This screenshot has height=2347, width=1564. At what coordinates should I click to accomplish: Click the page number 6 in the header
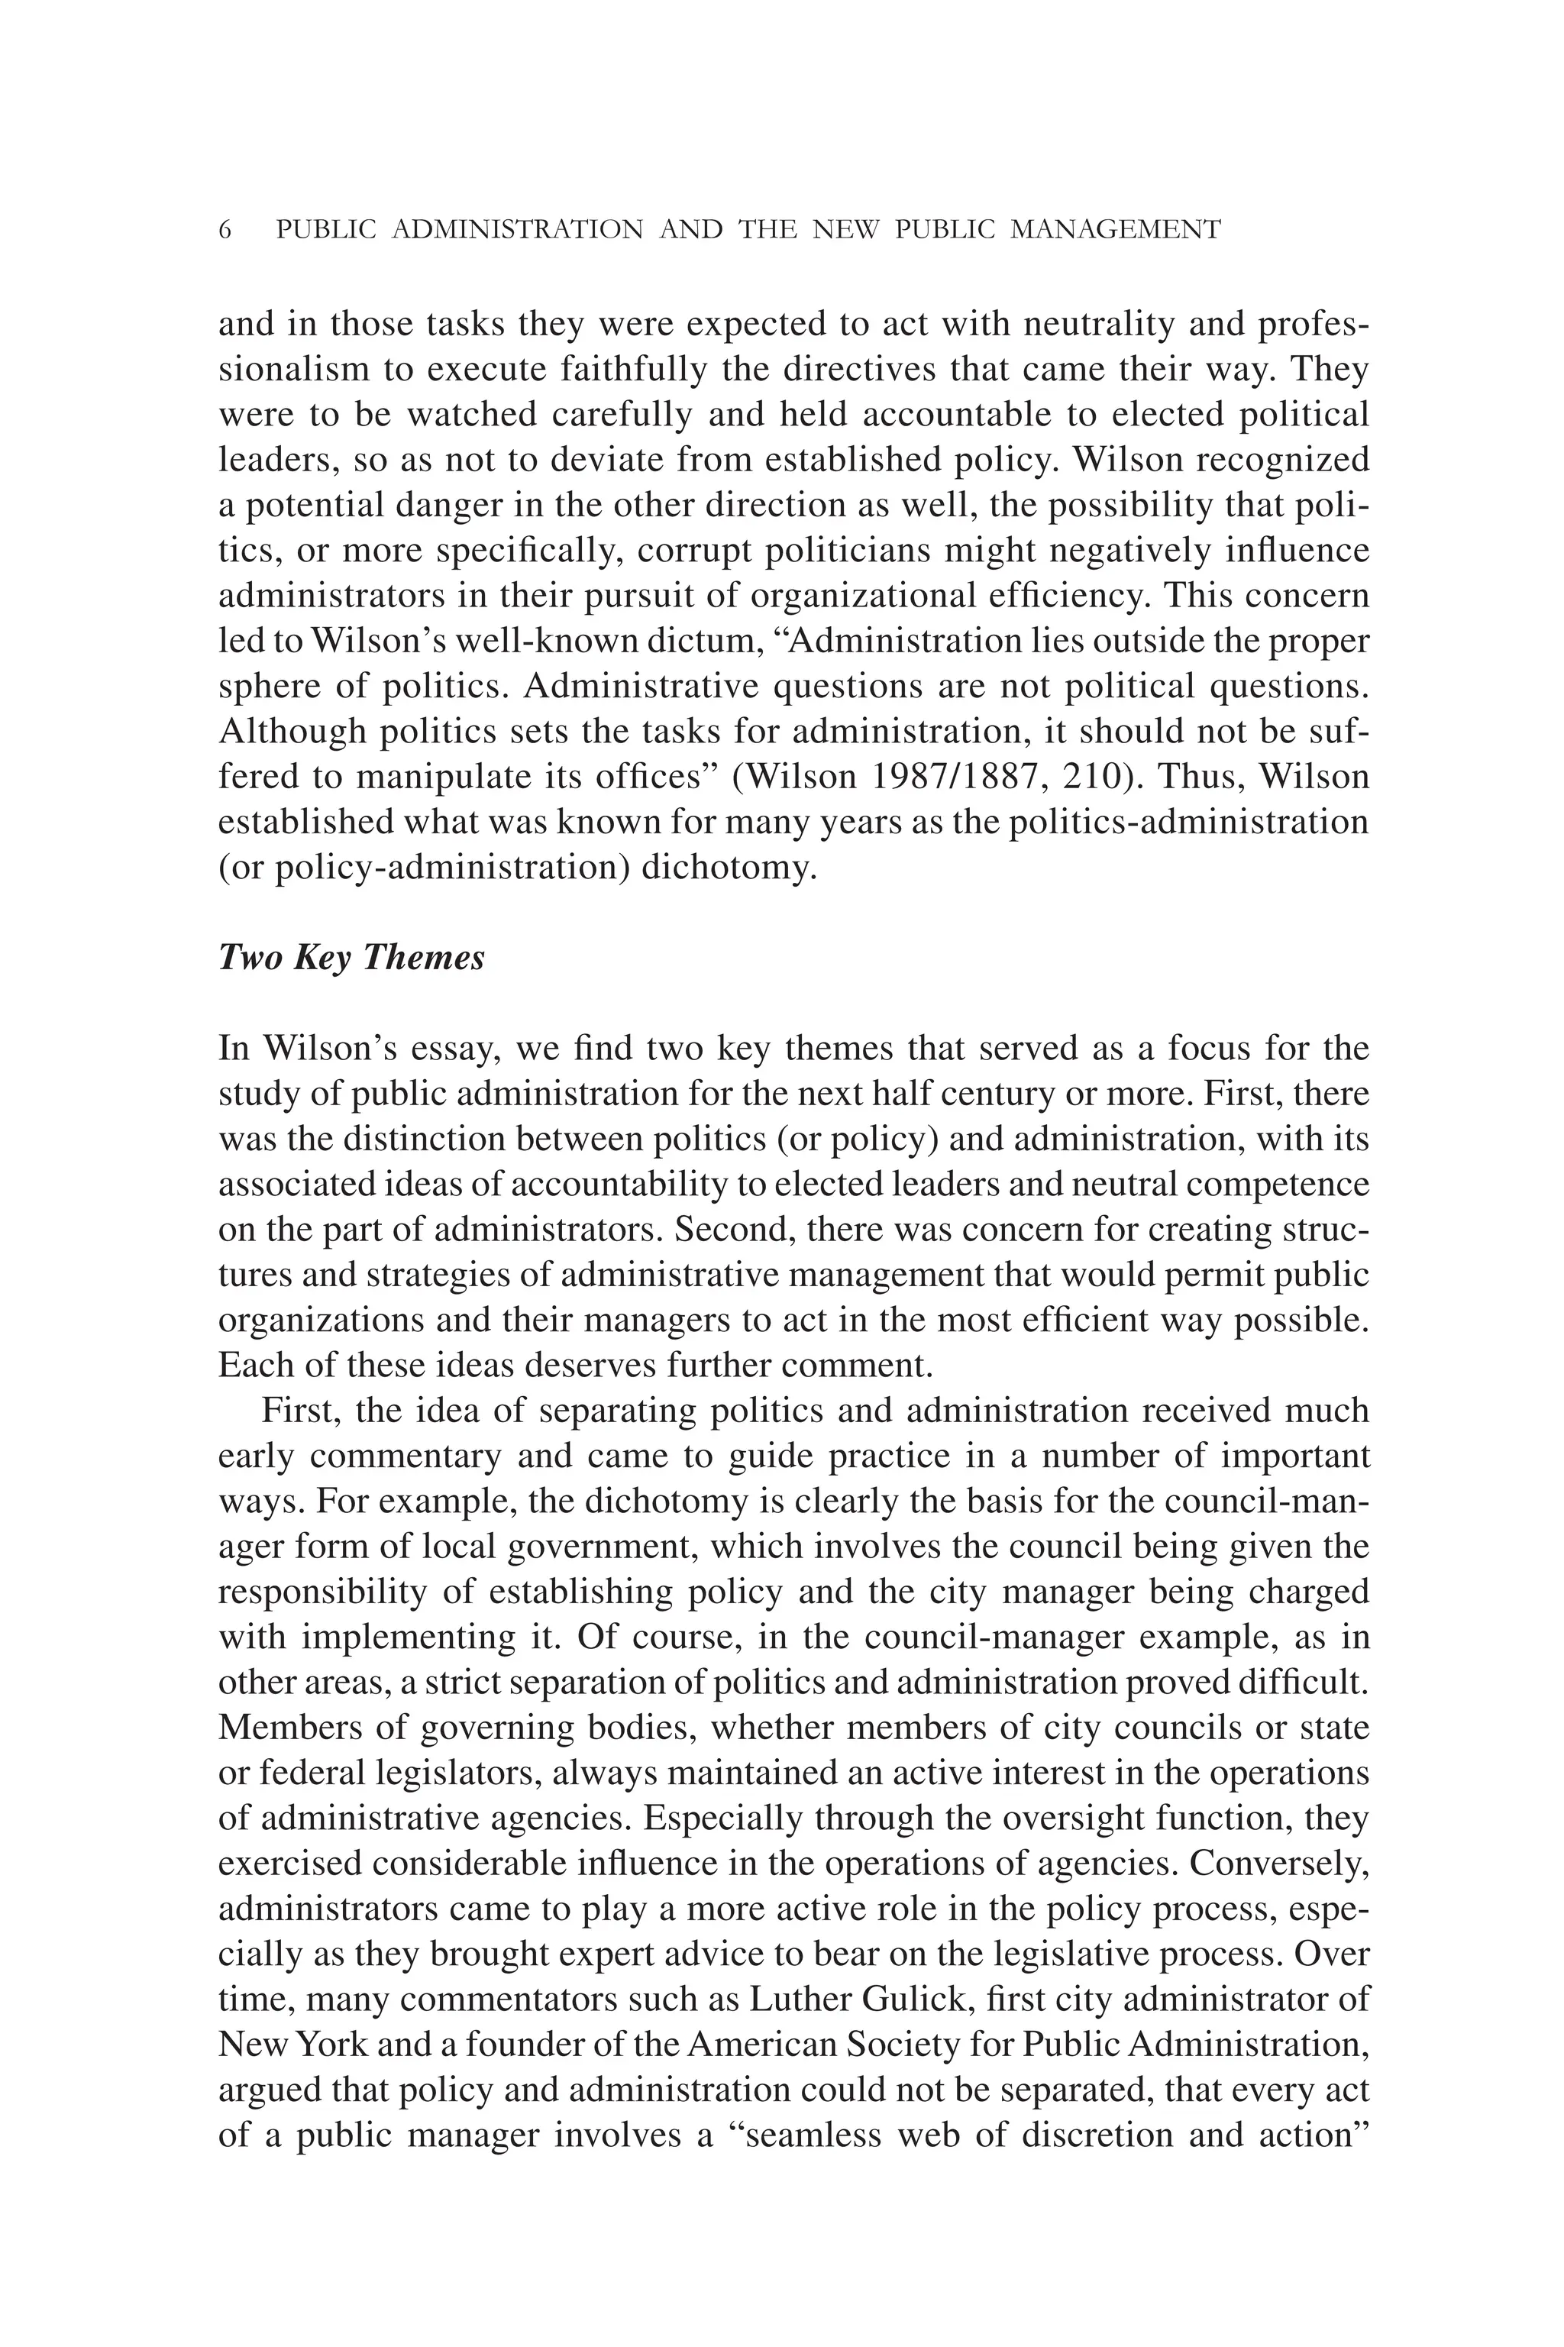point(225,231)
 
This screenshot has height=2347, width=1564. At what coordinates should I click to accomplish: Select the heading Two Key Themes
point(351,958)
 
